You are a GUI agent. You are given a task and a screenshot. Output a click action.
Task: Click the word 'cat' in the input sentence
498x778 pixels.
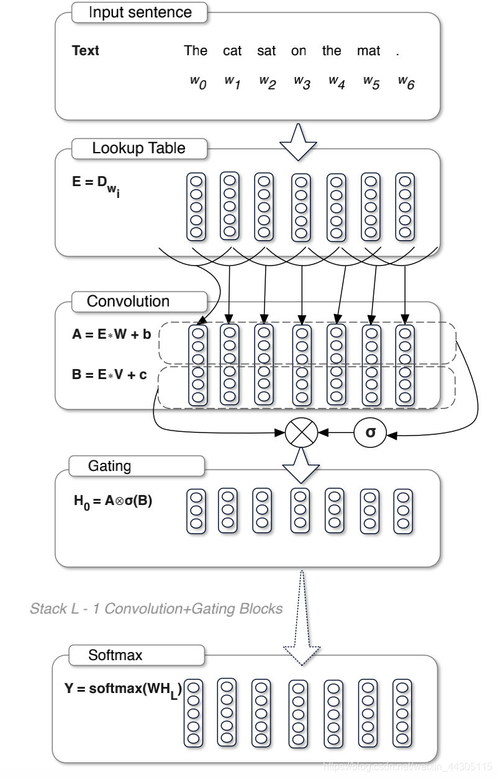(x=232, y=51)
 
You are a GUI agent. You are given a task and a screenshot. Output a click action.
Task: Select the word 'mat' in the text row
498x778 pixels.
(x=368, y=51)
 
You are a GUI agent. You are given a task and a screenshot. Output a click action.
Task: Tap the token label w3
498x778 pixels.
(x=302, y=83)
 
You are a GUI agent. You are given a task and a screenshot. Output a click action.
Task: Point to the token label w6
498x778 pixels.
(x=406, y=83)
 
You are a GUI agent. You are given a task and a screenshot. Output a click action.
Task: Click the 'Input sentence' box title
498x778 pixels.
(x=140, y=12)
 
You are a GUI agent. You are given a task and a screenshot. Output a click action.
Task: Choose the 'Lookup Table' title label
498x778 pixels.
(x=138, y=148)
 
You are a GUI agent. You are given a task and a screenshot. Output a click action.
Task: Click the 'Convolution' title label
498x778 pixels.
(x=128, y=301)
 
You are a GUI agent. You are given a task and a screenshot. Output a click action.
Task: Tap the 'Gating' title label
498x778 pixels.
(x=109, y=466)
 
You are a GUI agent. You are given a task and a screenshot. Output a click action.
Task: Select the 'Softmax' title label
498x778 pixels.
(x=115, y=655)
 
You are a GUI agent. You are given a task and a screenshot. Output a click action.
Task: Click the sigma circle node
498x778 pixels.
(x=370, y=433)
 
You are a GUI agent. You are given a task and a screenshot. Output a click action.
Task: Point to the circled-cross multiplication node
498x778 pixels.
(x=301, y=433)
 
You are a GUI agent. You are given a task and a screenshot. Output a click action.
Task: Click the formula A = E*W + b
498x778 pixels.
(x=111, y=334)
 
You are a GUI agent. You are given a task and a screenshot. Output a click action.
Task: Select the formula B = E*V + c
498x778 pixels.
(x=109, y=374)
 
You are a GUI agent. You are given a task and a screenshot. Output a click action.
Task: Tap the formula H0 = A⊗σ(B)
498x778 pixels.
(x=113, y=502)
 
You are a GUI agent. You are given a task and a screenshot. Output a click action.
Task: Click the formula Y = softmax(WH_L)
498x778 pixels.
(x=123, y=690)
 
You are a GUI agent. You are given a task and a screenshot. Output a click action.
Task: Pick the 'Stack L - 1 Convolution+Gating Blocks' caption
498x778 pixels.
(x=156, y=609)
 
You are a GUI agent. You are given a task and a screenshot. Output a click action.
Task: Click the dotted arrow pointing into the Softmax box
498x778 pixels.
(x=302, y=618)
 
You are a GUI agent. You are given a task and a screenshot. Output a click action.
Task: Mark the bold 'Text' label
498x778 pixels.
(x=86, y=51)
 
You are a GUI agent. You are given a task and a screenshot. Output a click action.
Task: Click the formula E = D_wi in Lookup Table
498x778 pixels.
(x=96, y=186)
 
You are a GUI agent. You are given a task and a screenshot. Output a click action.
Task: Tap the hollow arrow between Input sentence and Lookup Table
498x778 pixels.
(x=298, y=142)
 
